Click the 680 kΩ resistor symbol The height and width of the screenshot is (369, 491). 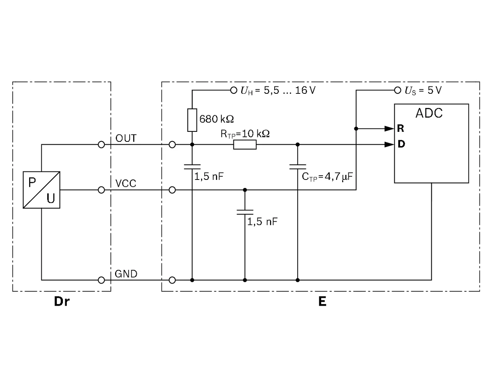pos(192,120)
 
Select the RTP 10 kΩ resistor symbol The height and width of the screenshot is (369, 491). pos(245,145)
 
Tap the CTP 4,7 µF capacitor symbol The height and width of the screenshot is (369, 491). pos(298,167)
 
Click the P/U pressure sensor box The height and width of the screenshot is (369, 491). pos(41,190)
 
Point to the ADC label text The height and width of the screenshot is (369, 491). pos(429,113)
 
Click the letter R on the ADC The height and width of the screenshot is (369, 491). pos(400,128)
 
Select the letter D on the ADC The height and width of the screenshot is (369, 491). pos(401,144)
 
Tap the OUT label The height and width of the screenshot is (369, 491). pos(126,138)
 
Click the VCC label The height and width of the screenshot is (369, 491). pos(125,183)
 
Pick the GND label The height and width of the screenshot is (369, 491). pos(126,274)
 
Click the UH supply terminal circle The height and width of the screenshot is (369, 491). pos(234,90)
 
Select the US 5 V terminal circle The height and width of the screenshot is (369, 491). pos(397,90)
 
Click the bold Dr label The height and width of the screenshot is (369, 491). pos(62,301)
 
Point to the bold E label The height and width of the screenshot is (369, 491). pos(322,301)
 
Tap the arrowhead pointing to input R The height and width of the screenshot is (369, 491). pos(389,129)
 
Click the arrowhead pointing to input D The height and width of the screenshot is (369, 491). pos(389,145)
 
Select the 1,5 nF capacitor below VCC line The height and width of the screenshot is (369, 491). pos(245,212)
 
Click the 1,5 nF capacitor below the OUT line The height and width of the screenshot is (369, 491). pos(192,167)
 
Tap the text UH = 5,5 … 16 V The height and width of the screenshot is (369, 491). pos(278,90)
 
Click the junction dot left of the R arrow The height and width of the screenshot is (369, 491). pos(356,129)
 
